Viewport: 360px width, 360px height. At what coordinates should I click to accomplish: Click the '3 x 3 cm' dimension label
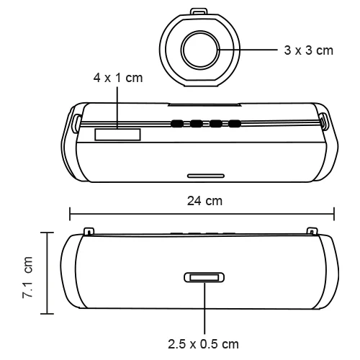click(x=305, y=51)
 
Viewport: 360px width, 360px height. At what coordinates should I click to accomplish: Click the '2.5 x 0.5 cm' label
click(x=204, y=343)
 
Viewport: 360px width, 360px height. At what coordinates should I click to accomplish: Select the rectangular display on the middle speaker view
click(x=117, y=135)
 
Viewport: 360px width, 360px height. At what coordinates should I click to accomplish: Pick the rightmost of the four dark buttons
click(x=234, y=124)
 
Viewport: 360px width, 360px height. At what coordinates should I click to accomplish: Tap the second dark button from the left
click(x=196, y=124)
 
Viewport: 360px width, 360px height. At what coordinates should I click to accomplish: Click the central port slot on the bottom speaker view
click(x=204, y=278)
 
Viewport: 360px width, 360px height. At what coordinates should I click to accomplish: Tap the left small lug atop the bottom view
click(x=88, y=231)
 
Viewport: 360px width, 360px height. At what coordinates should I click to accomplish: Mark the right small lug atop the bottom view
click(x=311, y=231)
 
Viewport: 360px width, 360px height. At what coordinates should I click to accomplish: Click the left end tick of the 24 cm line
click(x=70, y=213)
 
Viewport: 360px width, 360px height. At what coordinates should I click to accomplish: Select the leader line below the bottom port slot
click(x=204, y=310)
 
